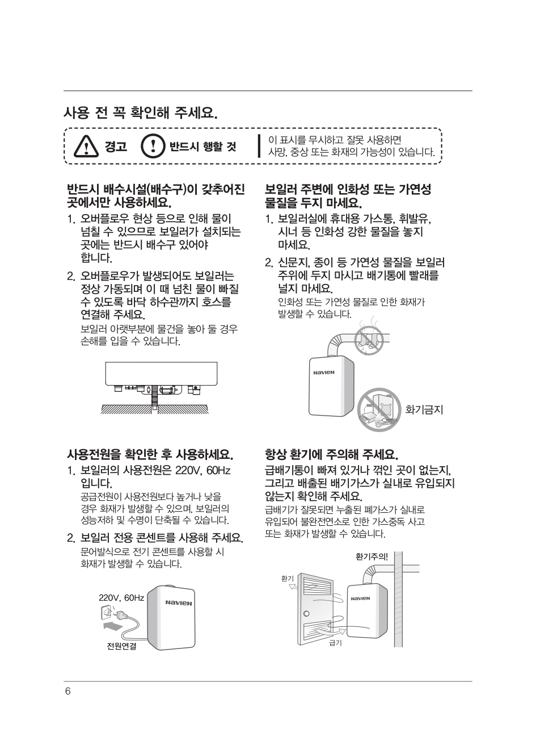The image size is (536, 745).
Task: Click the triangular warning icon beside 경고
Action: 86,147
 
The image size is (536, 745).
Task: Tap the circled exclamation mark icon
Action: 153,146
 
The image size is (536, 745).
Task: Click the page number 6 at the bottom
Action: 68,692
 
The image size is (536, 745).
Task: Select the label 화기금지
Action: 424,410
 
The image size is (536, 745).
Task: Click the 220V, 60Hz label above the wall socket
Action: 121,598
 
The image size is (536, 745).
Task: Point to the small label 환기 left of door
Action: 288,579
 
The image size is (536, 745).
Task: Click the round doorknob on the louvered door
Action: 306,613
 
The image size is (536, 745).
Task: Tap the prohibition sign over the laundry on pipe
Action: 369,340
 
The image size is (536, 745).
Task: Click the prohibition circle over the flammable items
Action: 379,410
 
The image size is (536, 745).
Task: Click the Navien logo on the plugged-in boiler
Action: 179,603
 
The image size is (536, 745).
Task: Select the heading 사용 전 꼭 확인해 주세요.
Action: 141,113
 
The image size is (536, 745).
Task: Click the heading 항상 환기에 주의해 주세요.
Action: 332,454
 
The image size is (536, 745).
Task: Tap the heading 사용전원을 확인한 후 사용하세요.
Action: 150,454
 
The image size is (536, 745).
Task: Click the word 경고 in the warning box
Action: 116,147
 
